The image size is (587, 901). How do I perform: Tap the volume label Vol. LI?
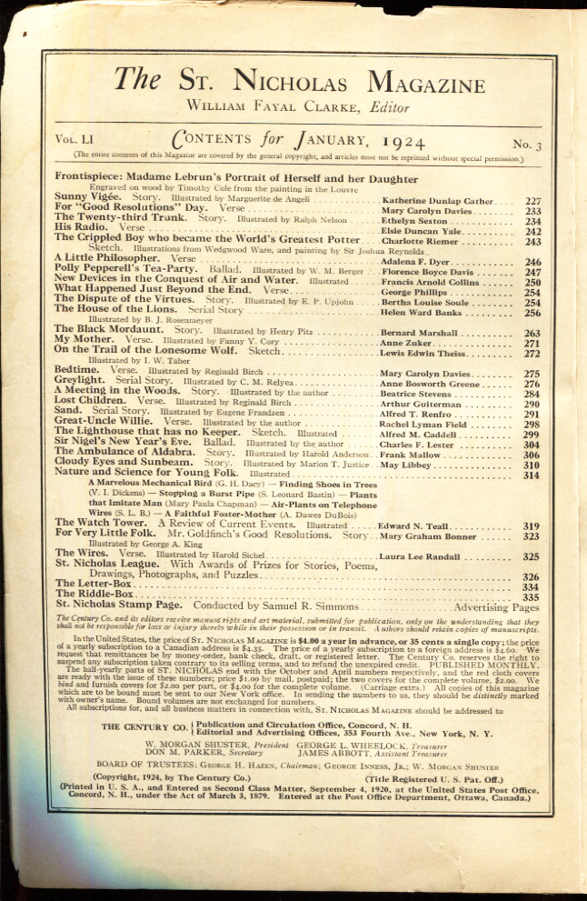pyautogui.click(x=75, y=143)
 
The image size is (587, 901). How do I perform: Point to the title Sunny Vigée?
pyautogui.click(x=84, y=197)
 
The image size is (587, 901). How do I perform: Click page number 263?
pyautogui.click(x=532, y=334)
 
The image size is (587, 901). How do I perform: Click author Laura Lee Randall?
pyautogui.click(x=425, y=556)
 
